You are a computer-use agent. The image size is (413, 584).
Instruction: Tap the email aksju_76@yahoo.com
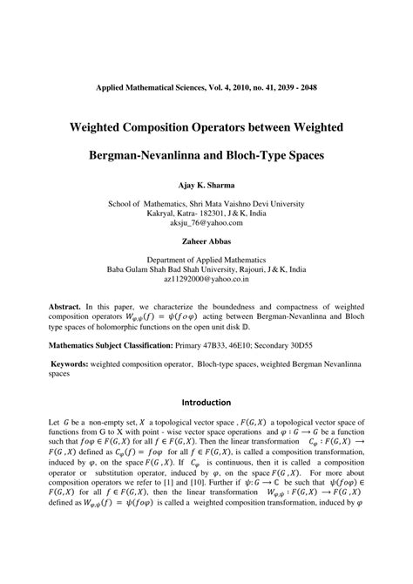(x=206, y=225)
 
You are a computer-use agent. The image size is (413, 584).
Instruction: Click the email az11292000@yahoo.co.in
(x=206, y=282)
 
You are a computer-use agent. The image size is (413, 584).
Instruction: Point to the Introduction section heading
(x=206, y=403)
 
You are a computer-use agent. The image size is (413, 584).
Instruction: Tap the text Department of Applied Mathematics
(x=206, y=259)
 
